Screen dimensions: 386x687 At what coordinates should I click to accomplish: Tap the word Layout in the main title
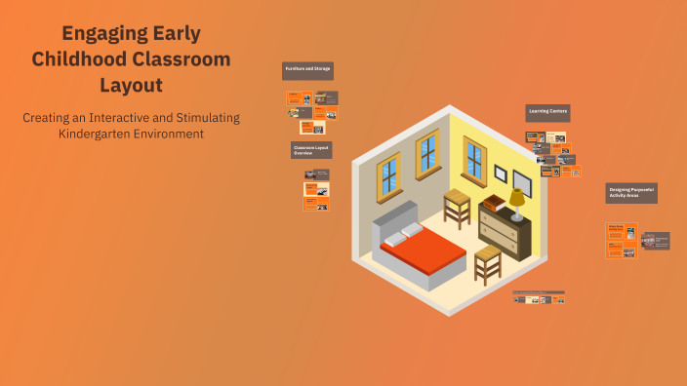click(x=131, y=84)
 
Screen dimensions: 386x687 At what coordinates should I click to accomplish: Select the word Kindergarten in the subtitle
click(x=96, y=133)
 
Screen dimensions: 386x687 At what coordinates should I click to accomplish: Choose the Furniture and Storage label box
click(x=308, y=70)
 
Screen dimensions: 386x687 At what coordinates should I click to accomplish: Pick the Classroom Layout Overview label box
click(x=311, y=149)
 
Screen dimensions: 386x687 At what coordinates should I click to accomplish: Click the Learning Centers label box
click(x=547, y=112)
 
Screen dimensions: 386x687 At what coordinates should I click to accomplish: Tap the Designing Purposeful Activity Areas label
click(x=631, y=192)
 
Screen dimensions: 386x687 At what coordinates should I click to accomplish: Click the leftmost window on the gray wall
click(x=388, y=174)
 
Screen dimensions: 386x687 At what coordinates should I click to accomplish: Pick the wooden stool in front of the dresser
click(x=487, y=264)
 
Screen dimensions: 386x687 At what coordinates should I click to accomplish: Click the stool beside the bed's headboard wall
click(x=458, y=208)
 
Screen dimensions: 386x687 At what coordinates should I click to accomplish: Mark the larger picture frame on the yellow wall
click(x=522, y=182)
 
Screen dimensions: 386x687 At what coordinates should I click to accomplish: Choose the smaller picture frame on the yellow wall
click(x=501, y=174)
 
